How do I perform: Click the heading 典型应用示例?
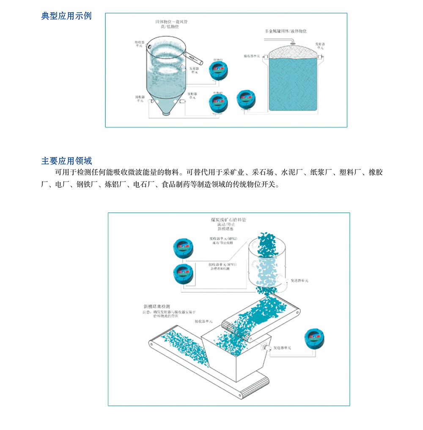pyautogui.click(x=66, y=17)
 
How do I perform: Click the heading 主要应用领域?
pyautogui.click(x=66, y=161)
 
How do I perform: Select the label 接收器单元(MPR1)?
pyautogui.click(x=223, y=265)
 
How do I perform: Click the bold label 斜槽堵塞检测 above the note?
pyautogui.click(x=156, y=306)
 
